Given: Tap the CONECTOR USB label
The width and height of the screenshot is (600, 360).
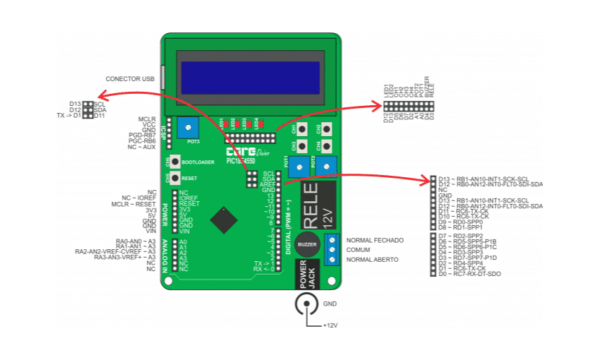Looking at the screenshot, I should [x=129, y=78].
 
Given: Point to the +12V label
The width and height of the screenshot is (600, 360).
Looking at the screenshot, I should [x=331, y=327].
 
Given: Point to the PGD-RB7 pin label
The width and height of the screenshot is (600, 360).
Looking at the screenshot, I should [x=142, y=135].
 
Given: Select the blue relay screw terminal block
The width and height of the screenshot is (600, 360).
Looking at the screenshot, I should [x=332, y=249].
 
